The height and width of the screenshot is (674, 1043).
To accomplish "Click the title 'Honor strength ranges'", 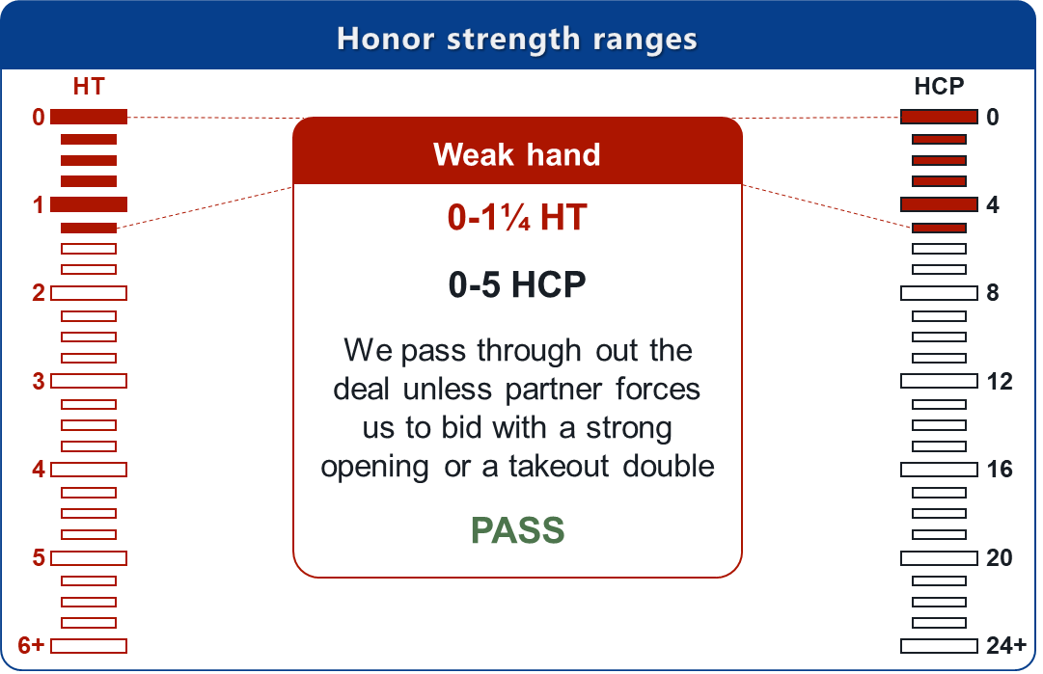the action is pos(517,39).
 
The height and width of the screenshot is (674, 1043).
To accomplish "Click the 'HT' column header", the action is pos(89,87).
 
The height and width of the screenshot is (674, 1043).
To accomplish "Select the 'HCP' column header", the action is pos(939,87).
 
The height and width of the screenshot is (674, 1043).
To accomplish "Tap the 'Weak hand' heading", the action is pos(517,155).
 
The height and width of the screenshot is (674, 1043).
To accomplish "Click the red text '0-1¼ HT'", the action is pos(517,217).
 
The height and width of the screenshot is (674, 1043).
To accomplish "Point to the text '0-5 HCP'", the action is pos(517,284).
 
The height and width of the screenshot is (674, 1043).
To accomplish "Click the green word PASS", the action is pos(517,530).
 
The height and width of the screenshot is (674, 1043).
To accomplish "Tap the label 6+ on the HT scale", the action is pos(31,645).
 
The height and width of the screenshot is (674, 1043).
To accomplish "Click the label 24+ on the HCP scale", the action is pos(1006,645).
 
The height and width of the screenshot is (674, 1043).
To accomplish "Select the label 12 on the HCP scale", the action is pos(999,382).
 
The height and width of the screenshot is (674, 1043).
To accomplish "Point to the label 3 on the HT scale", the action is pos(39,382).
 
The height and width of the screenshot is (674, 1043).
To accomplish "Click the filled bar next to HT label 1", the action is pos(89,204).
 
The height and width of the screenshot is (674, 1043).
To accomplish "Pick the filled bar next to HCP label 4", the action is pos(939,204).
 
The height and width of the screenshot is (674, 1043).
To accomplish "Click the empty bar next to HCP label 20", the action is pos(939,558).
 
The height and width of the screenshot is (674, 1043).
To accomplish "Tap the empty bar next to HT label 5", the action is pos(89,558).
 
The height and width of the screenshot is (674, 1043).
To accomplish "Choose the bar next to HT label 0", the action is pos(89,117).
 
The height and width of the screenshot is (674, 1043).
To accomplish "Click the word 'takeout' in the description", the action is pos(559,466).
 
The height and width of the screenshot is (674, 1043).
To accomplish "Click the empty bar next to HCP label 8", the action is pos(939,293).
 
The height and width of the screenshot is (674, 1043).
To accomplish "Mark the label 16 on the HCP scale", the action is pos(999,470).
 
